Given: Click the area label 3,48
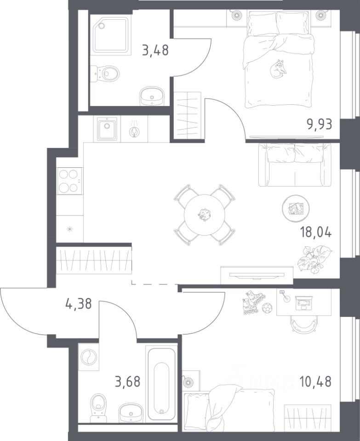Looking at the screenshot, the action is (x=155, y=51).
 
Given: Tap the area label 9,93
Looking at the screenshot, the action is (x=320, y=124).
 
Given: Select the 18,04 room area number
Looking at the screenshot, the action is (x=316, y=232).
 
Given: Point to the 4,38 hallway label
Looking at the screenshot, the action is (x=79, y=304).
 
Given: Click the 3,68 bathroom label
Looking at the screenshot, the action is (x=127, y=382).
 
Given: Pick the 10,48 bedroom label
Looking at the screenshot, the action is (x=315, y=382).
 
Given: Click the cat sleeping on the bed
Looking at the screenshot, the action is (x=278, y=68).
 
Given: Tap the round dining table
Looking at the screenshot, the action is (x=205, y=215).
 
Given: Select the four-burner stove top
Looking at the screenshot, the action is (x=70, y=181).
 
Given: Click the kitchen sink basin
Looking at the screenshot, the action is (x=107, y=129).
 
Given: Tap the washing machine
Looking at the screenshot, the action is (x=88, y=357).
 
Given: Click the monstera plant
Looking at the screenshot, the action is (x=314, y=259).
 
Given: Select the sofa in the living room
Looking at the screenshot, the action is (x=295, y=164).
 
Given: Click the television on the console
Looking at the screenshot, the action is (x=257, y=275).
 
